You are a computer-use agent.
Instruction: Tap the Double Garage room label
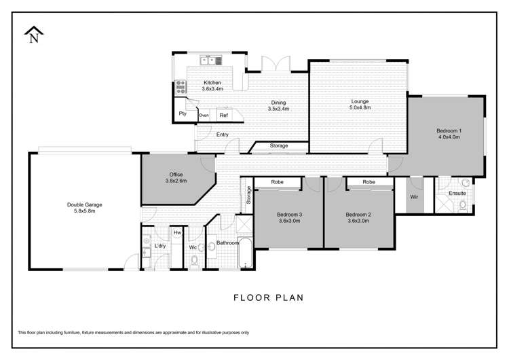tap(84, 207)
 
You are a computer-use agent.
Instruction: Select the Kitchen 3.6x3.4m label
tap(213, 85)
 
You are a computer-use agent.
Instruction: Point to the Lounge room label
tap(360, 105)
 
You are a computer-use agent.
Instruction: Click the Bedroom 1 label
tap(449, 133)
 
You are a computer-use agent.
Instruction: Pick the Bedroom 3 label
tap(290, 218)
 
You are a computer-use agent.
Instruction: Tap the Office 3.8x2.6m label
tap(175, 178)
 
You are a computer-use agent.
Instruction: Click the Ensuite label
tap(457, 194)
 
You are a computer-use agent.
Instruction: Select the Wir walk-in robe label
tap(413, 197)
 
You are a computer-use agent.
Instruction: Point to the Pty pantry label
tap(183, 114)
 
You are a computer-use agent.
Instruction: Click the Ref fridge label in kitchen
tap(223, 115)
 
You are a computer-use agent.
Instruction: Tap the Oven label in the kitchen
tap(204, 115)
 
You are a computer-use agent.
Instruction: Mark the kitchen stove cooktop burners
tap(181, 86)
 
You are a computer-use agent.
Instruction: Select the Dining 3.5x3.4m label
tap(278, 105)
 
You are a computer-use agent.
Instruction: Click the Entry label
tap(222, 134)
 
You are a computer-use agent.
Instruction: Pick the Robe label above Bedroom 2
tap(369, 182)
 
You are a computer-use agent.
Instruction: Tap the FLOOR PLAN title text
tap(268, 297)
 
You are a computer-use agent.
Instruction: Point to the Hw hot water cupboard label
tap(177, 233)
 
